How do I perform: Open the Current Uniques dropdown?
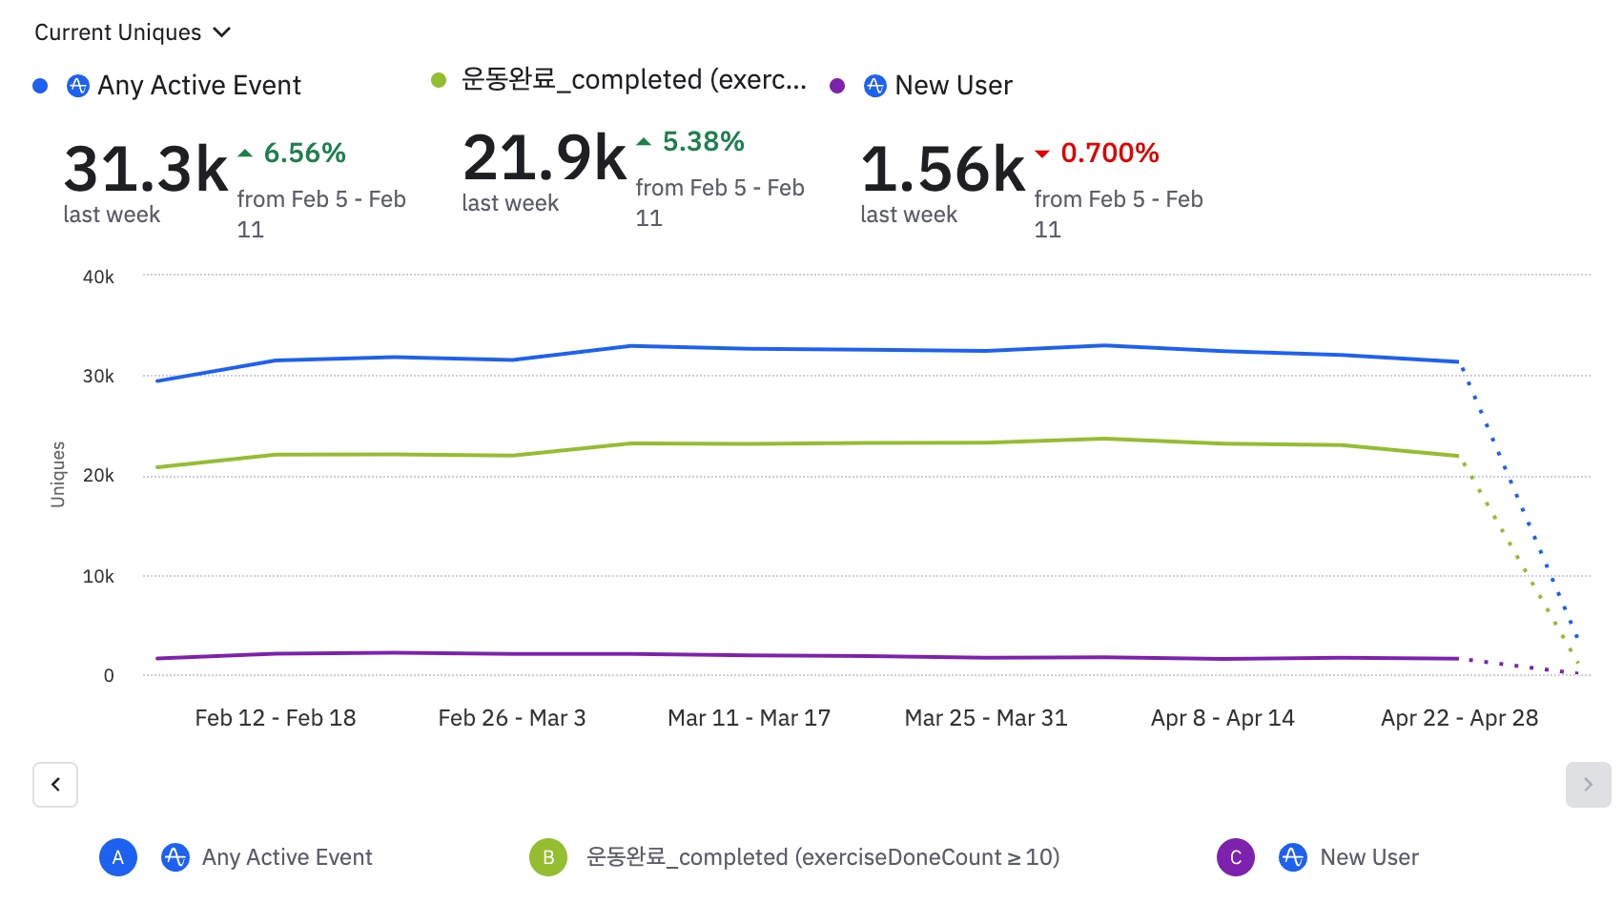[133, 32]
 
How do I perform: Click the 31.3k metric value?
[146, 169]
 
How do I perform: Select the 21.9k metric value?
[544, 157]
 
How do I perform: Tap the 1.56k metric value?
[943, 169]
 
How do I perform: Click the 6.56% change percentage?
[304, 153]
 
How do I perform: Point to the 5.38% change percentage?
[703, 141]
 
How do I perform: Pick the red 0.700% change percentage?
[1109, 153]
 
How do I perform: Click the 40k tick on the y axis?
[98, 277]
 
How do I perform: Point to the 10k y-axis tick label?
[98, 576]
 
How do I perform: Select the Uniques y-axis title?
[58, 474]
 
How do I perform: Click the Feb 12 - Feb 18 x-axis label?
[276, 718]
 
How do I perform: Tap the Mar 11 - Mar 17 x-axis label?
[749, 718]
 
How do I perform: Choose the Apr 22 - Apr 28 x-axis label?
[1459, 718]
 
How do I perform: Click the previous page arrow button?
[55, 785]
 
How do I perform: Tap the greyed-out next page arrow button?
[1588, 785]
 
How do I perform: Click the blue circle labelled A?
[118, 857]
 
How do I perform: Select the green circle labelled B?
[548, 857]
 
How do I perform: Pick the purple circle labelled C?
[1236, 857]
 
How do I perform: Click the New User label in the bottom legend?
[1368, 857]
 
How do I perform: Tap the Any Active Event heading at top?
[198, 86]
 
